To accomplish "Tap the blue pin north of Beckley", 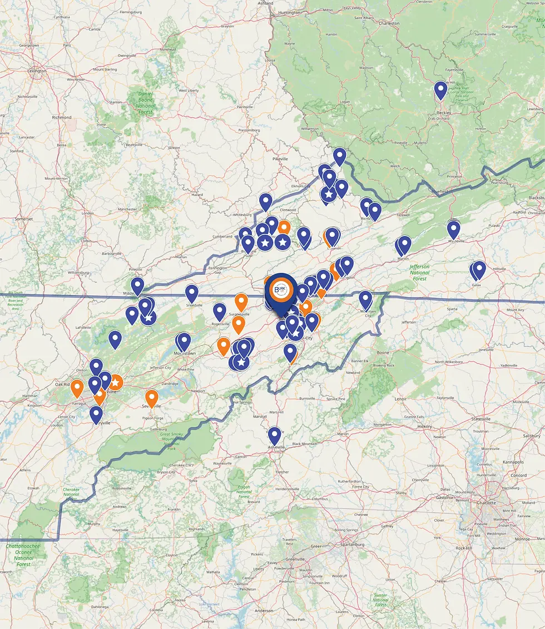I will pos(440,89).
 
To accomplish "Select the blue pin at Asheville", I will pos(274,435).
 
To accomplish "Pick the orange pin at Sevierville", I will pos(151,398).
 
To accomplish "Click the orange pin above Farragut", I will pos(77,387).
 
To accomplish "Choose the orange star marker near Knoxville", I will pos(115,382).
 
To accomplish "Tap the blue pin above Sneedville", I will pos(191,292).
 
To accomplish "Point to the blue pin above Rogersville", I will pos(220,311).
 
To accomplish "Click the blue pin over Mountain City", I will pos(365,299).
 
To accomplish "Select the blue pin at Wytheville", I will pos(454,228).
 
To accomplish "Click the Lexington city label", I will pos(37,71).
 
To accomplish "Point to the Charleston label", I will pos(389,23).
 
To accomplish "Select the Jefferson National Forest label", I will pos(420,272).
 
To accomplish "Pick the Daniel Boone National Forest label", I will pos(146,103).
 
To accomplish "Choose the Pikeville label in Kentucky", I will pos(280,159).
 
